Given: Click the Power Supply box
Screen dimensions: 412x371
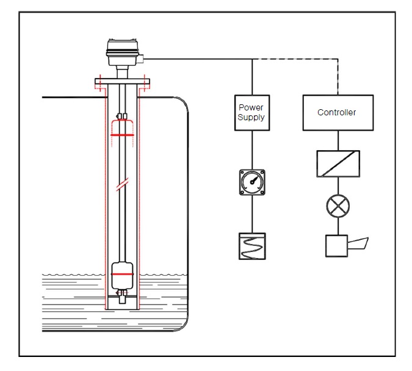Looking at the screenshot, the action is tap(252, 113).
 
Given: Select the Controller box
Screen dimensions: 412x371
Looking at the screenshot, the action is tap(338, 113).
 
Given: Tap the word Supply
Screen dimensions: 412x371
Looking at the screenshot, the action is tap(251, 117).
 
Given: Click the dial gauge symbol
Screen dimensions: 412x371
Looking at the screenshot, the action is tap(252, 182).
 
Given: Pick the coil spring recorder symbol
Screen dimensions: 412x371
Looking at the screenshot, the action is tap(252, 246).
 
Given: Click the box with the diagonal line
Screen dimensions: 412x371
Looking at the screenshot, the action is tap(338, 164).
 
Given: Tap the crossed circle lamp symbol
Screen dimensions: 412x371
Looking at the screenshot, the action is tap(338, 206).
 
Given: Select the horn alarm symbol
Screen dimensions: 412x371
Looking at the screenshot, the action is tap(347, 246).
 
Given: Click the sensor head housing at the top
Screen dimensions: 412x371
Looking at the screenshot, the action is tap(122, 52).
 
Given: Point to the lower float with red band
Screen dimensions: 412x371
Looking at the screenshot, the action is tap(122, 275).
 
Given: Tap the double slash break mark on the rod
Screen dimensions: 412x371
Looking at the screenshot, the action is tap(122, 184).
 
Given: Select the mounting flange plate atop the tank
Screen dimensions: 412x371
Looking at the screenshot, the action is tap(122, 81).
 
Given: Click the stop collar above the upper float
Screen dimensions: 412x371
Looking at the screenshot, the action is tap(122, 116).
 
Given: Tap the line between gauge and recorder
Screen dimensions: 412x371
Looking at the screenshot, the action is tap(252, 214).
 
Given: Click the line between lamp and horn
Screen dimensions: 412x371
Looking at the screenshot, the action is tap(338, 226).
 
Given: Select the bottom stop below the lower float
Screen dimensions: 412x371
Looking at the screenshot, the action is tap(122, 297).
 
